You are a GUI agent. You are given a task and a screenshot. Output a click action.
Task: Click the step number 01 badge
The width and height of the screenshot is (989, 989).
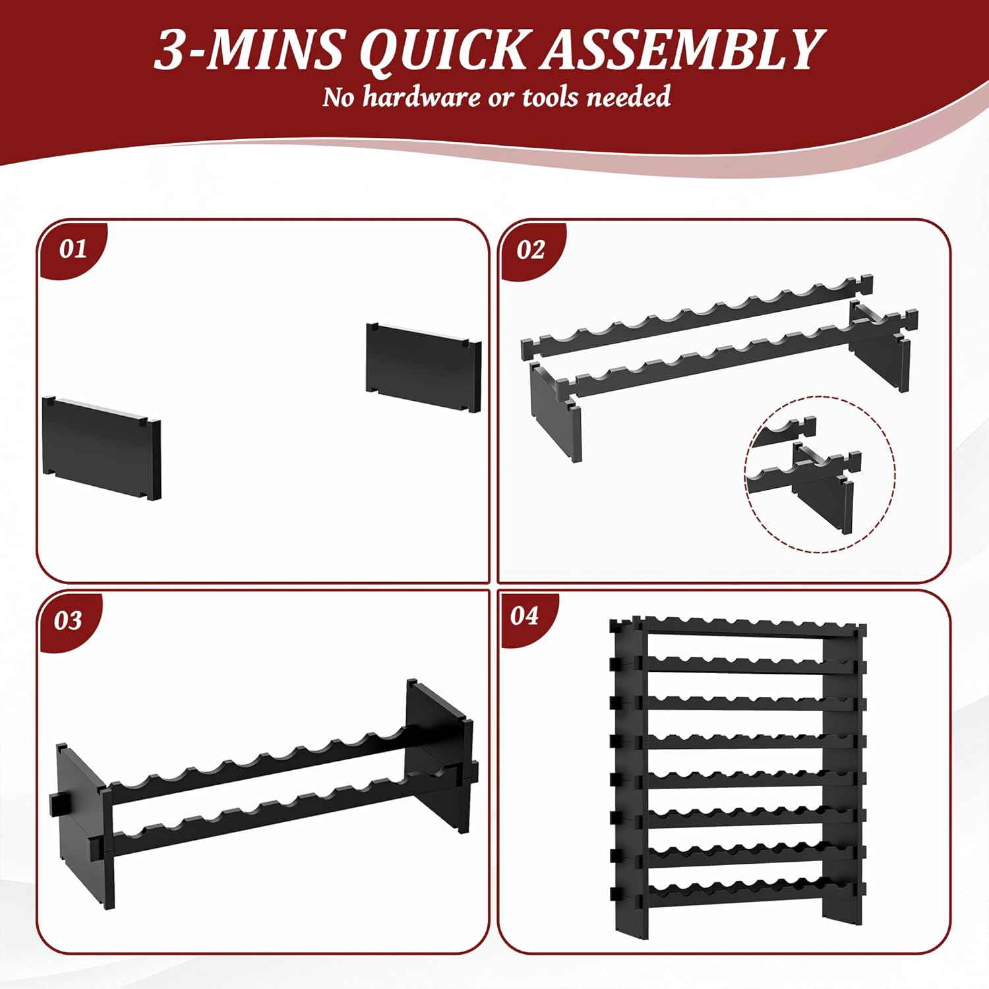pyautogui.click(x=73, y=249)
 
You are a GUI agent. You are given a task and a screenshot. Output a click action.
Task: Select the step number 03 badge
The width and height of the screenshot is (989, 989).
pyautogui.click(x=68, y=620)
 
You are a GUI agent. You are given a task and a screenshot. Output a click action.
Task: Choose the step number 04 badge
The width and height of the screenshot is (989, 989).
pyautogui.click(x=525, y=616)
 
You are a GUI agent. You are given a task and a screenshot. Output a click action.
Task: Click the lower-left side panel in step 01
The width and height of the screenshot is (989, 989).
pyautogui.click(x=102, y=448)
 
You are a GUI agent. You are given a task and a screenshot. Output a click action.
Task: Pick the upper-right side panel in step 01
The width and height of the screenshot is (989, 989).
pyautogui.click(x=424, y=367)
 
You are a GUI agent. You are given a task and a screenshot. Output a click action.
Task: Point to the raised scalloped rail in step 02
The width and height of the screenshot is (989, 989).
pyautogui.click(x=696, y=317)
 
